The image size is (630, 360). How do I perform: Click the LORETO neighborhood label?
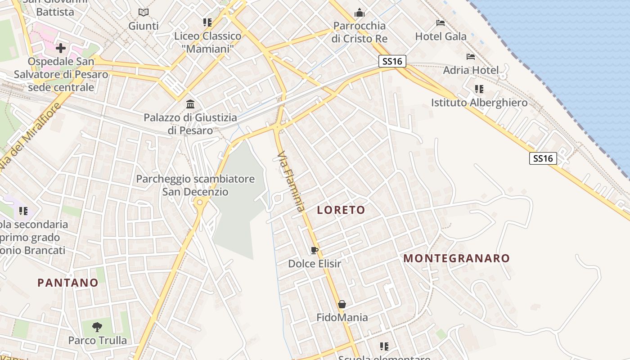(341, 210)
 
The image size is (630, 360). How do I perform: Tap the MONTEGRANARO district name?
(456, 258)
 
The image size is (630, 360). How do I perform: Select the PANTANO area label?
(67, 283)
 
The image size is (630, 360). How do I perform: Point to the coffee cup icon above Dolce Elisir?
(315, 250)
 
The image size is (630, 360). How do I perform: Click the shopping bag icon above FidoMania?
(342, 304)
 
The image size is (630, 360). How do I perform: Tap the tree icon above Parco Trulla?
(97, 327)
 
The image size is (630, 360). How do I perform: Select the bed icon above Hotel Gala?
(441, 23)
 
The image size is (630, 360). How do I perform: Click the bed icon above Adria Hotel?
(471, 57)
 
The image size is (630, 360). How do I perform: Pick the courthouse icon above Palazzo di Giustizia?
(190, 104)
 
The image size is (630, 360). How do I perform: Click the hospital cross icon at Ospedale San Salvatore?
(61, 48)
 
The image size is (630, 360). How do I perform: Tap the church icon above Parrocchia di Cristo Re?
(359, 13)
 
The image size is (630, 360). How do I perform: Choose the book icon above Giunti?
(143, 13)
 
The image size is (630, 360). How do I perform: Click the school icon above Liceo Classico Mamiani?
(207, 22)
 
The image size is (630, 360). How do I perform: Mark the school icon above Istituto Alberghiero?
(479, 89)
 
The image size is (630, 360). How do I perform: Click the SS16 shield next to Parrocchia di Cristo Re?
(392, 61)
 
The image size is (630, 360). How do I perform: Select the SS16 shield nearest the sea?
(543, 158)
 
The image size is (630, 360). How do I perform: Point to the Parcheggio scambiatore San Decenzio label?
(195, 185)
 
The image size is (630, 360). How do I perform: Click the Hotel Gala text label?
(441, 36)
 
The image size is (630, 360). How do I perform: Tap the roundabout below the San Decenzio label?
(200, 203)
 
